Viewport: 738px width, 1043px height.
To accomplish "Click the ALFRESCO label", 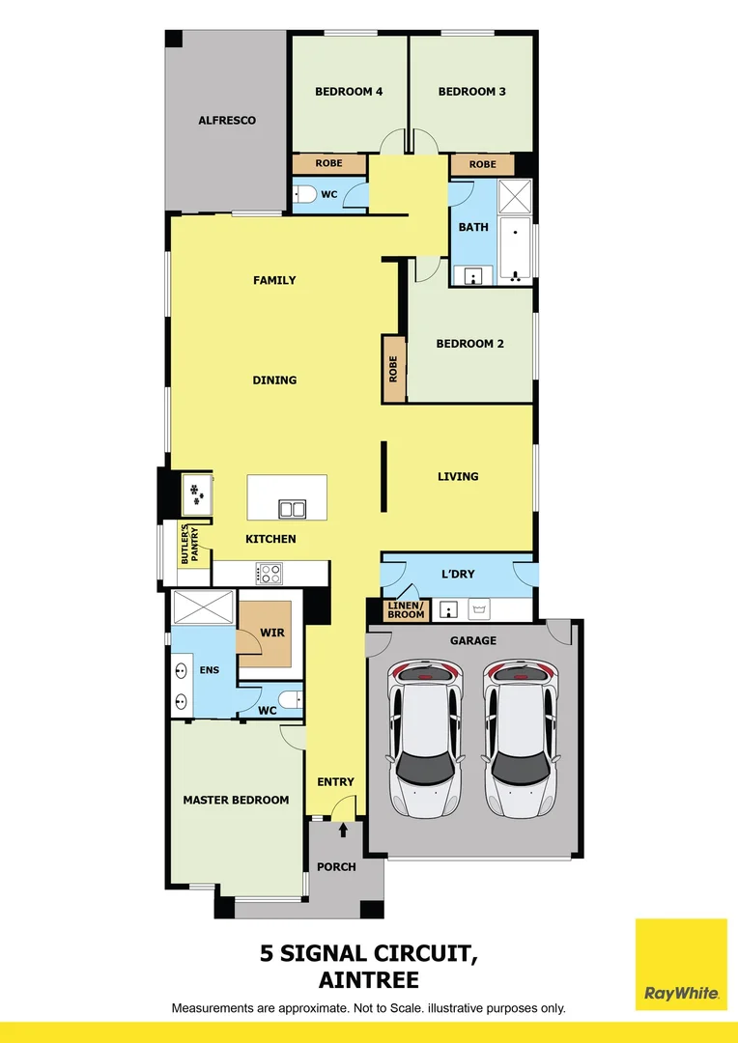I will (x=227, y=121).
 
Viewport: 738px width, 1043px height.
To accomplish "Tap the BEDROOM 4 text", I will (x=349, y=92).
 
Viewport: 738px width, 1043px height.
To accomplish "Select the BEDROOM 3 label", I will (x=471, y=92).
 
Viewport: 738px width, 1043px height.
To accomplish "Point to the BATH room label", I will (x=473, y=227).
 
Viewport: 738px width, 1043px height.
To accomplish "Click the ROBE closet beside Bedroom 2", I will (x=393, y=368).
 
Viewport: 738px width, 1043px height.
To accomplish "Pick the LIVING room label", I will (x=458, y=476).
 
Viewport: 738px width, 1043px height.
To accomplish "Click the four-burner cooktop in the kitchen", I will (x=269, y=574).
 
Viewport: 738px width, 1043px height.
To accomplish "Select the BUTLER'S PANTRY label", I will (x=189, y=545).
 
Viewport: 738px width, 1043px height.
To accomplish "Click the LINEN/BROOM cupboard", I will (x=406, y=610).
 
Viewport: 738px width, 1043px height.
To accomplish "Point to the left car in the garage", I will (x=425, y=739).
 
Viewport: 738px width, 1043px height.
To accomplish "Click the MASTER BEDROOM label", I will (x=236, y=800).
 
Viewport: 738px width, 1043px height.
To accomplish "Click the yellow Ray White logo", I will (x=681, y=963).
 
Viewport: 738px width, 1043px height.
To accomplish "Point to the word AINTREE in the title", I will (x=368, y=980).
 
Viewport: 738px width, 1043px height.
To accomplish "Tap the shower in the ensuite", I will (x=203, y=609).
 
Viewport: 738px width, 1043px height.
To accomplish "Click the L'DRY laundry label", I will (x=458, y=575).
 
